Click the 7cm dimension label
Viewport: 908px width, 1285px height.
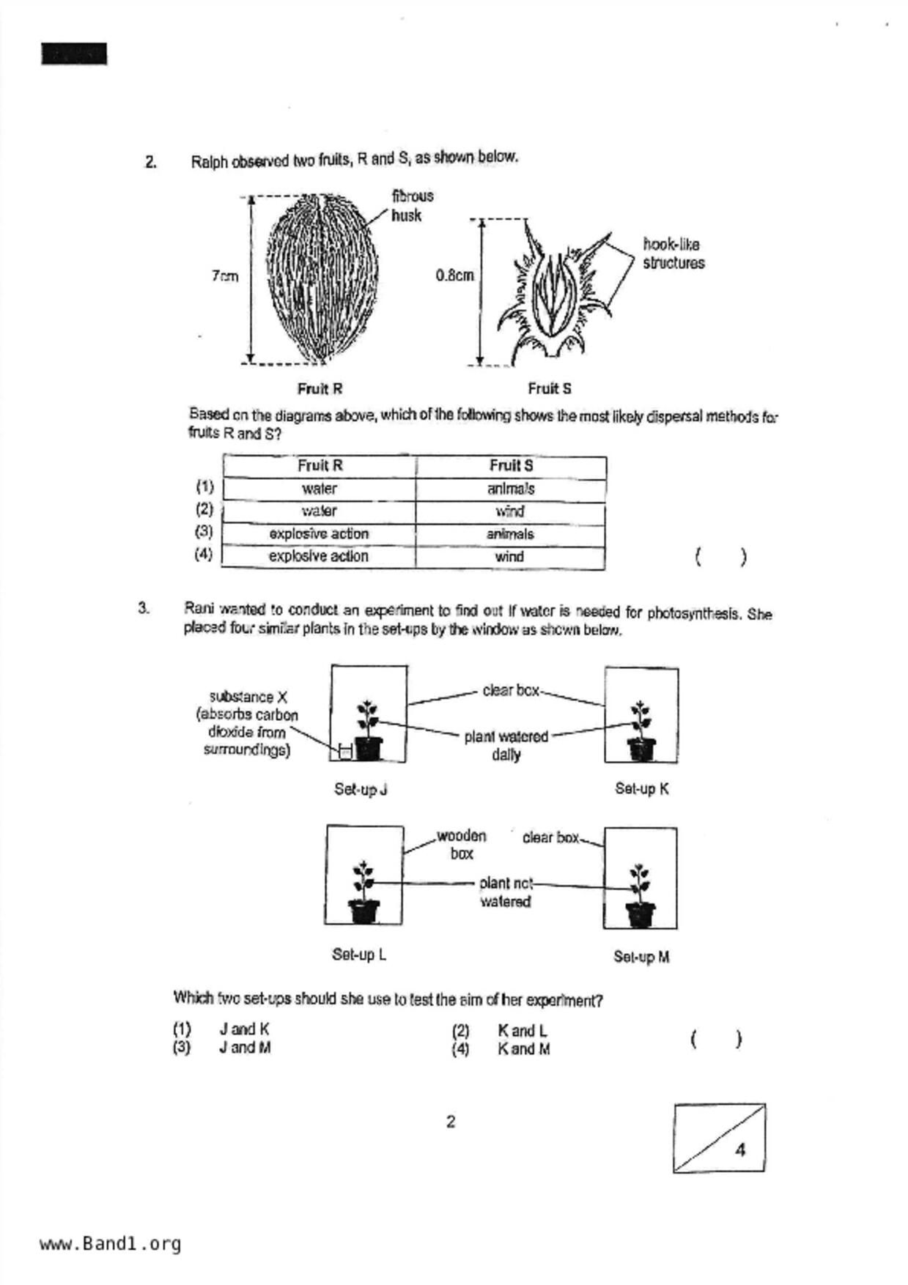point(225,276)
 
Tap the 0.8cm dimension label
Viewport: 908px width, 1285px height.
point(454,275)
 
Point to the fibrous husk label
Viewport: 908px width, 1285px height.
point(411,205)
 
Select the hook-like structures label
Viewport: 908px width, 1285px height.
point(673,253)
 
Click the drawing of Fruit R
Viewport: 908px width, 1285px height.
point(321,278)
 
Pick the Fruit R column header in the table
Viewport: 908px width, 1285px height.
point(320,466)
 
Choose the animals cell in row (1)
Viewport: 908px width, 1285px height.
point(511,489)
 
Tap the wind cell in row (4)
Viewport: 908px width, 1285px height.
point(509,557)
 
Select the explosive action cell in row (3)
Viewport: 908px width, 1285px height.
point(319,534)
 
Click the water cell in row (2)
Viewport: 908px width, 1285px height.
point(320,511)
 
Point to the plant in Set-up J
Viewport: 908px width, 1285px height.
point(368,730)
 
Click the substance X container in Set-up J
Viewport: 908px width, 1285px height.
point(345,750)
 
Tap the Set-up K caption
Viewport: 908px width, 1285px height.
point(642,789)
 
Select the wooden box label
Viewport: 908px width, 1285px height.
point(461,845)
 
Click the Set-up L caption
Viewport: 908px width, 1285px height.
point(359,955)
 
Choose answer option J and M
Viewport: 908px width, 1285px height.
point(245,1048)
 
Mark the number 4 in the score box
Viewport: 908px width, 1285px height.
point(740,1150)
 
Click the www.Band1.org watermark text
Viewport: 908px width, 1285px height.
point(110,1244)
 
